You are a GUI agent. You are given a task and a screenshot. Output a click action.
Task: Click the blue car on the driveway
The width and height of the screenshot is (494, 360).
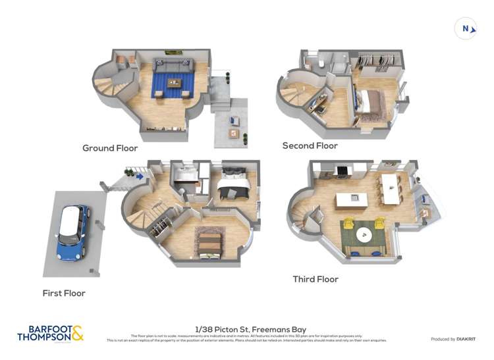[x=72, y=232]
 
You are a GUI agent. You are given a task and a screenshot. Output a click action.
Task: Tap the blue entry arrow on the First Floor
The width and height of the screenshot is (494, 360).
[x=140, y=176]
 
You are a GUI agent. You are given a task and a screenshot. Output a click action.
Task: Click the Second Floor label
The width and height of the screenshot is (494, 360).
[x=310, y=145]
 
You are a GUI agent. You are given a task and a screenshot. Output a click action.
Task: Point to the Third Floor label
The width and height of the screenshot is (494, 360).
[x=316, y=279]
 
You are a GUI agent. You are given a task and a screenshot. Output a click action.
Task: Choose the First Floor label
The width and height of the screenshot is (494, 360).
[x=64, y=293]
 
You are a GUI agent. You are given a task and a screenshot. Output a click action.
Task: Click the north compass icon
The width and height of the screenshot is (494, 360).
[x=466, y=28]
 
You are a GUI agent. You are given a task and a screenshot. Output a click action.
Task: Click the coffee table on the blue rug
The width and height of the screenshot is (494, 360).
[x=174, y=83]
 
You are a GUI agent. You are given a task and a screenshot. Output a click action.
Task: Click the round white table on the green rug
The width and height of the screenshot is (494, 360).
[x=363, y=234]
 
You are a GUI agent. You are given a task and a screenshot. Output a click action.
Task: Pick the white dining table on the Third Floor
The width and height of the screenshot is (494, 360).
[x=391, y=188]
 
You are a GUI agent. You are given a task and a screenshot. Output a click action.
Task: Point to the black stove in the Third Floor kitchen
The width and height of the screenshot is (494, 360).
[x=342, y=171]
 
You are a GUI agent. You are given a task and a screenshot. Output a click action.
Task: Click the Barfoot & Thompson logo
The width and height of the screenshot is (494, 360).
[x=51, y=334]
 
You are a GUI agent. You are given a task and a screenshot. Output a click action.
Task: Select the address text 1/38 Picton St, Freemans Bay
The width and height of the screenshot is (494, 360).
[x=251, y=329]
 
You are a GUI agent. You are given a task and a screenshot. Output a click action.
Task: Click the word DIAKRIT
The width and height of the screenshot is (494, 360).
[x=463, y=339]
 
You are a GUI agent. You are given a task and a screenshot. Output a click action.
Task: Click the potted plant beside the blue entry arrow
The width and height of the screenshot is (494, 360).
[x=128, y=173]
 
